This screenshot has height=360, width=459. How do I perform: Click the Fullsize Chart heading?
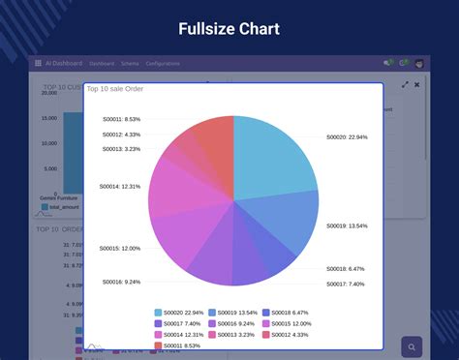point(229,29)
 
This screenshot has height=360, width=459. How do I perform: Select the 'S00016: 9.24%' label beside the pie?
point(121,282)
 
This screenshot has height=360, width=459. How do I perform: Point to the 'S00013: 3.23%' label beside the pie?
point(121,149)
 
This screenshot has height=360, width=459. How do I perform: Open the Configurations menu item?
point(162,63)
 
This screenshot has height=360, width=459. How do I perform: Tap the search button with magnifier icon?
point(413,347)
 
